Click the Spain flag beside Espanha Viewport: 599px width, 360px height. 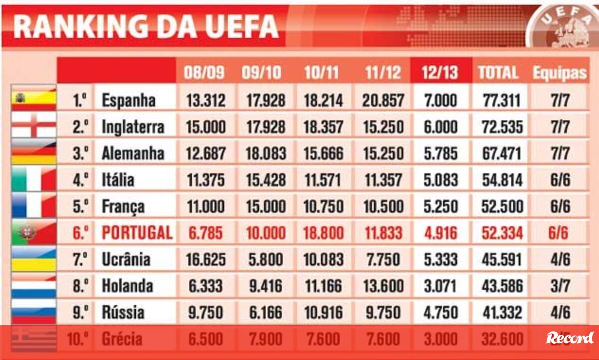34,98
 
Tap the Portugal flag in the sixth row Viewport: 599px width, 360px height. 34,233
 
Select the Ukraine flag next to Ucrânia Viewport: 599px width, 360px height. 34,259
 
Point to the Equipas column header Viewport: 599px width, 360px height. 559,73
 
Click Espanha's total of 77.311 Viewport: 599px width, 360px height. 503,100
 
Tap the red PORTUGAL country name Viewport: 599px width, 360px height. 137,233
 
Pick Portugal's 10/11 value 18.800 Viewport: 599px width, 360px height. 324,233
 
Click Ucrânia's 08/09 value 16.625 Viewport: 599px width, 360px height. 206,259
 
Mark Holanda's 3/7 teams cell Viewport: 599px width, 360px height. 560,286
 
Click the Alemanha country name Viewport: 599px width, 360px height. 133,153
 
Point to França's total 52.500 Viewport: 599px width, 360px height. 503,206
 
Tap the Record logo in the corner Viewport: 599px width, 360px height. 569,338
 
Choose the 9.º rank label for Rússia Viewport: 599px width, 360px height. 80,312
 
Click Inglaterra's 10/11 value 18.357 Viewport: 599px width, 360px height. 324,127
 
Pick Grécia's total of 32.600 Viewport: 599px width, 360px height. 503,339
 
